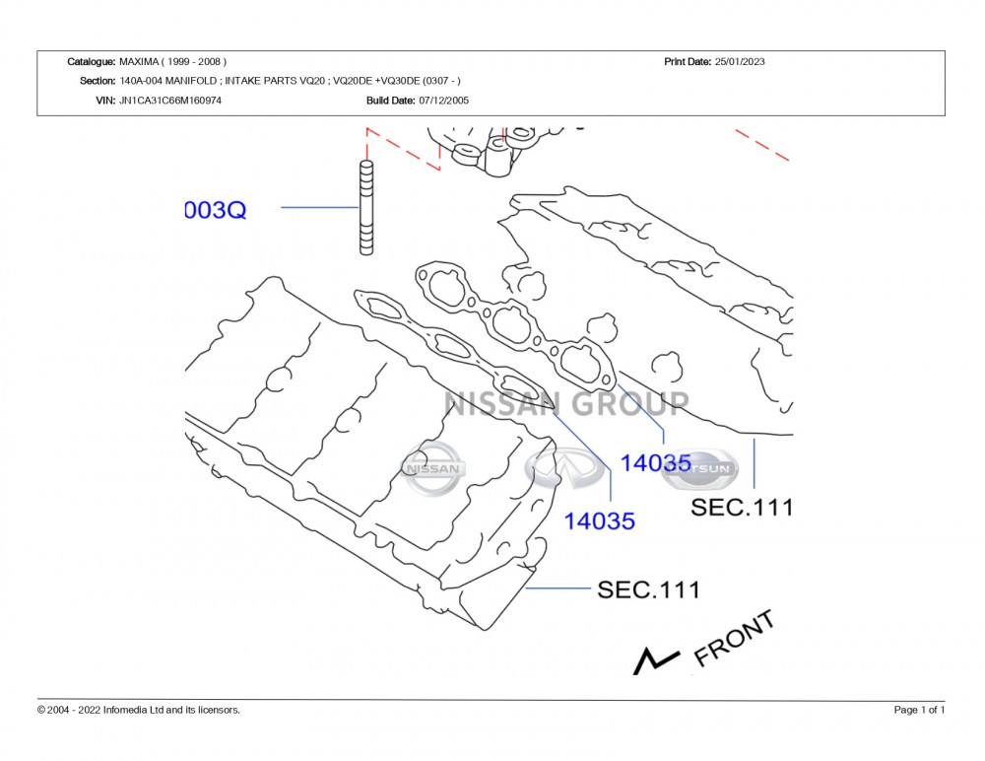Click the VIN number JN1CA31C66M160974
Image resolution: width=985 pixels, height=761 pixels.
170,101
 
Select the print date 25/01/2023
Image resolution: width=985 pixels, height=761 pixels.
739,62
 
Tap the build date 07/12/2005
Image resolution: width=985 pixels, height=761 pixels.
443,101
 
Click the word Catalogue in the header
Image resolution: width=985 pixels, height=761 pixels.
91,62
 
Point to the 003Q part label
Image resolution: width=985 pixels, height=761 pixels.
216,210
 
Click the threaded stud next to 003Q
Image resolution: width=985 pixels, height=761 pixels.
366,207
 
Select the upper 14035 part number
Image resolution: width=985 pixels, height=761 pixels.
655,463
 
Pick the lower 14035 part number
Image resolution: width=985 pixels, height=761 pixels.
599,520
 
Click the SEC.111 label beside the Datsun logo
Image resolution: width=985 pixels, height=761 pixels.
741,508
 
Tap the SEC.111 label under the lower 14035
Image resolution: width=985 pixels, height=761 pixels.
648,590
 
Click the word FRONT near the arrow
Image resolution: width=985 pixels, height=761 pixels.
734,638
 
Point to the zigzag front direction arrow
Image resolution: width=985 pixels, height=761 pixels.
655,660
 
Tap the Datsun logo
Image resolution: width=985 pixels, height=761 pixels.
699,469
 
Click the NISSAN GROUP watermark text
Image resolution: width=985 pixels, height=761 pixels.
566,403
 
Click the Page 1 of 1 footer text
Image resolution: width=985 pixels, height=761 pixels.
919,710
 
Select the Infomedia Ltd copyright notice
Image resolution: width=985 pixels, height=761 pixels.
138,710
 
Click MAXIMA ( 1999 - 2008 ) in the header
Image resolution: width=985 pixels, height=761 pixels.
172,62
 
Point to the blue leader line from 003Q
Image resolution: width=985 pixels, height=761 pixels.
319,208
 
